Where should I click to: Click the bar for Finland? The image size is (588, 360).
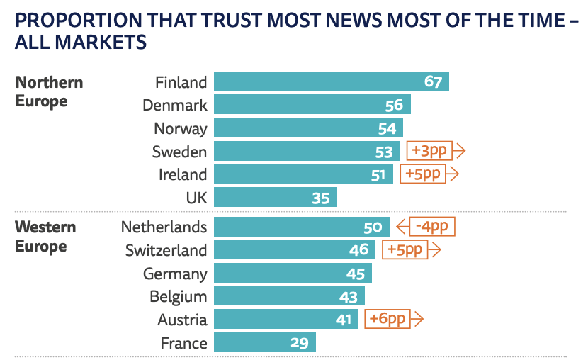coord(331,82)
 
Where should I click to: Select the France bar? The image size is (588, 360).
coord(264,343)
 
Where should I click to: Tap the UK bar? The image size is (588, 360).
coord(275,198)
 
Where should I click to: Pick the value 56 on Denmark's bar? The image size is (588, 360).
coord(394,106)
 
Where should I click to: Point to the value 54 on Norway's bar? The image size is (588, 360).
coord(387,129)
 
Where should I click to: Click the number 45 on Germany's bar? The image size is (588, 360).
coord(356,274)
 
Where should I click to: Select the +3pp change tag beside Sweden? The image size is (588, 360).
coord(431,151)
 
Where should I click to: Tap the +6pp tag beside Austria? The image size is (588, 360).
coord(388,319)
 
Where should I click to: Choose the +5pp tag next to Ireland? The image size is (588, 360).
coord(424,174)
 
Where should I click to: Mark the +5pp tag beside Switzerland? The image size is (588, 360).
coord(405,249)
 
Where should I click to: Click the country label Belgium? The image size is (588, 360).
coord(179,296)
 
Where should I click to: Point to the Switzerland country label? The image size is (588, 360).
coord(166,250)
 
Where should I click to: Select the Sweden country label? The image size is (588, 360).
coord(180,152)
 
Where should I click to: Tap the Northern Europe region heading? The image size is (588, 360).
coord(49,91)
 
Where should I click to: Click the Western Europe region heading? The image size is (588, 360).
coord(45,237)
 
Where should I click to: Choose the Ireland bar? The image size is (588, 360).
coord(303,174)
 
